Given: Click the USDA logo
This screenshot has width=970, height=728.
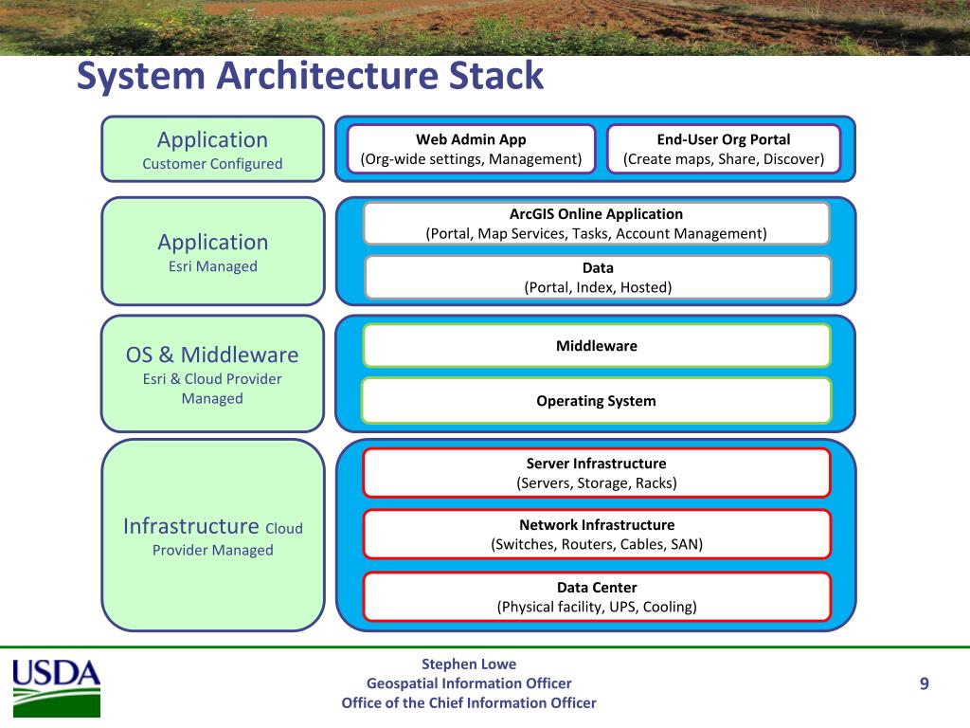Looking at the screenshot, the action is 56,688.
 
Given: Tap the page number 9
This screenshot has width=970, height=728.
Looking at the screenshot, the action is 925,683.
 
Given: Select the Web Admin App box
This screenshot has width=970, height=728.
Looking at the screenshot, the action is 471,149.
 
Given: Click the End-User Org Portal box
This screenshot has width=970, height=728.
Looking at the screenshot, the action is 723,149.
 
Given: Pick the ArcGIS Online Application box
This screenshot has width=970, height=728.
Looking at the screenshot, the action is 597,224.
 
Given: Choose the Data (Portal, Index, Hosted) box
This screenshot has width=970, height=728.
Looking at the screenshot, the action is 598,278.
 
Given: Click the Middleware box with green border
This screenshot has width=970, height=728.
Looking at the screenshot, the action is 597,345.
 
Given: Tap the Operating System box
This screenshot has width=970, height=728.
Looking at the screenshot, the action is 597,401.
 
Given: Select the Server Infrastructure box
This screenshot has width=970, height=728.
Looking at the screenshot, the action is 597,473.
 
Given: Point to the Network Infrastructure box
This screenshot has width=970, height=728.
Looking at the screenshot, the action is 597,535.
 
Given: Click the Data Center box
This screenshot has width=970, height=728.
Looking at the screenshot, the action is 597,597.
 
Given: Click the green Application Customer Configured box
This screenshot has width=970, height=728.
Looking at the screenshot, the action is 213,149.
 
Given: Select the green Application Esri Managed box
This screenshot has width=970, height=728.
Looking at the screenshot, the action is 213,251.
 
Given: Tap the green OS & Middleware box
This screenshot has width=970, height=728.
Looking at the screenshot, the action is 213,373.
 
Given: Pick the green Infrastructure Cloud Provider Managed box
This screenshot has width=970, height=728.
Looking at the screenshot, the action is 213,536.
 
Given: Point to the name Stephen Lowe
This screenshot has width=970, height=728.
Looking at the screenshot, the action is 469,664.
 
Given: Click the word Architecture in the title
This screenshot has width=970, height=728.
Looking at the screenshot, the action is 327,76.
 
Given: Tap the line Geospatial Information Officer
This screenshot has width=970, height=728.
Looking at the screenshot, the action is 469,683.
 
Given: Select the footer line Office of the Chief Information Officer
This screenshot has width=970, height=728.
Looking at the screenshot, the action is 469,703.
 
